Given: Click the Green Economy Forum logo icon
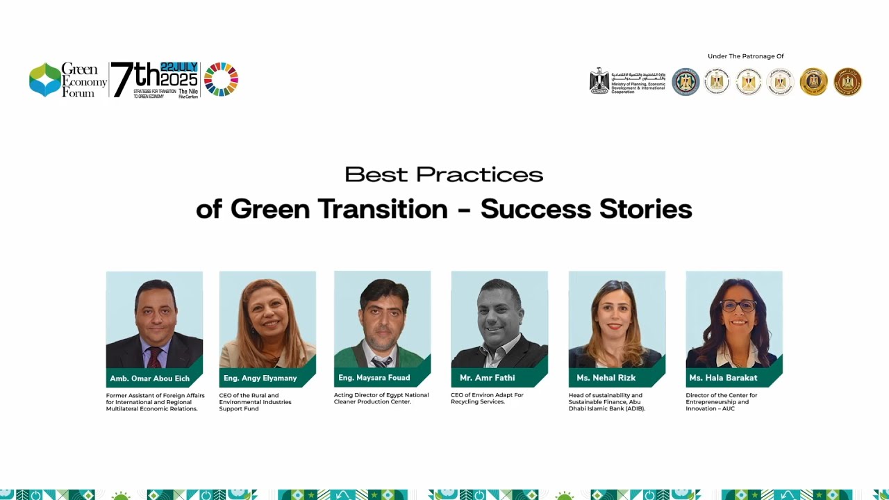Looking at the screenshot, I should click(45, 80).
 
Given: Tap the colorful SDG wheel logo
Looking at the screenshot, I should click(221, 79).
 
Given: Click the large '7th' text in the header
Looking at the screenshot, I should click(135, 80).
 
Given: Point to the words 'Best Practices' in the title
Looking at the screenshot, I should click(444, 174).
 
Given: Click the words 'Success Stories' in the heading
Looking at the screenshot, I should click(586, 209).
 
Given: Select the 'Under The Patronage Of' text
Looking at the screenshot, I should click(745, 56).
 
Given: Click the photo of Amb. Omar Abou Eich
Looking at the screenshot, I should click(154, 319).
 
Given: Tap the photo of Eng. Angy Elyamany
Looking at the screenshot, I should click(267, 319).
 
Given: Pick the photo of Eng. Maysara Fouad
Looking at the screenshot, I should click(382, 319).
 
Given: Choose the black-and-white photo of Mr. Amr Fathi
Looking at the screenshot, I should click(499, 319).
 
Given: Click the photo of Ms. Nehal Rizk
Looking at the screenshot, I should click(617, 319).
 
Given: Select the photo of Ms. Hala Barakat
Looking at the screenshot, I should click(734, 319).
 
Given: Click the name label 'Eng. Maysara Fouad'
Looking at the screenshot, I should click(374, 378).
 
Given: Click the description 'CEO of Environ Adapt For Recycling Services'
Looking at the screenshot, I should click(487, 399).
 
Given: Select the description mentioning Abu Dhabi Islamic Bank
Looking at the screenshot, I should click(606, 402).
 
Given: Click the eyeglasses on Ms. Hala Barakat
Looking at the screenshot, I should click(738, 306).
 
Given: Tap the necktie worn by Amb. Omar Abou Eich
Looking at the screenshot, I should click(154, 357).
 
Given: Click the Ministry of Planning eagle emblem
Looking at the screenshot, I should click(599, 81).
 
